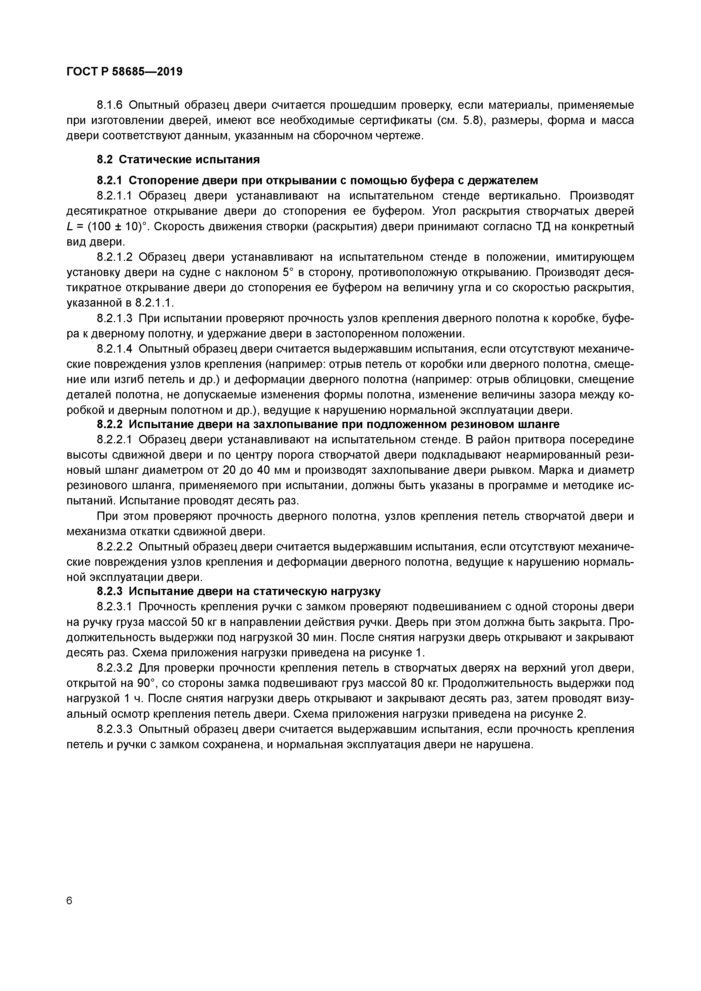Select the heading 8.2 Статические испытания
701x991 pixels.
[x=178, y=160]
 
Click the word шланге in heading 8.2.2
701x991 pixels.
[x=540, y=424]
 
